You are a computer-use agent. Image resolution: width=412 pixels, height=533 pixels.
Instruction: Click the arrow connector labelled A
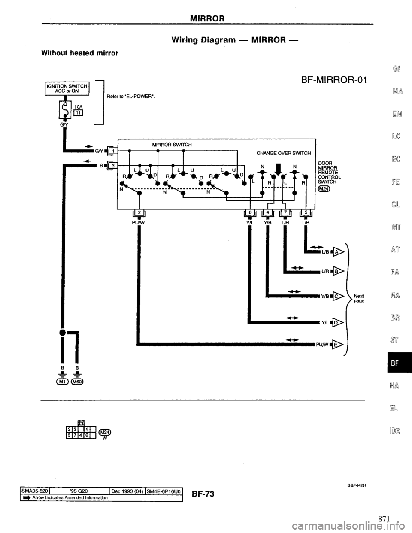point(339,252)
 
